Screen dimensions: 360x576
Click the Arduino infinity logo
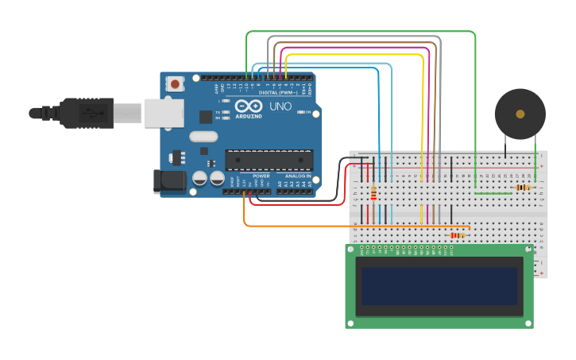coord(248,106)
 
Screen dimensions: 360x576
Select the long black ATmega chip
coord(268,159)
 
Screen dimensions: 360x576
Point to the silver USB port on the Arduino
coord(164,113)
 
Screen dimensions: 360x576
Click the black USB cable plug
coord(87,113)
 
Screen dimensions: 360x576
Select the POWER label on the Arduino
coord(261,176)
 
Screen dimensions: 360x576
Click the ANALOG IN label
coord(298,176)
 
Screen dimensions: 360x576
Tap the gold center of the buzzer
coord(520,114)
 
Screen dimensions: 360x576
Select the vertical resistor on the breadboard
coord(373,193)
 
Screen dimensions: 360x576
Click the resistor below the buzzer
coord(523,188)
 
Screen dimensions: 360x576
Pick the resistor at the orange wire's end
coord(457,235)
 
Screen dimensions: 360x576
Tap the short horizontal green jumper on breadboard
coord(493,193)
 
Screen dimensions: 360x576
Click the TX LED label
coord(218,112)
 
